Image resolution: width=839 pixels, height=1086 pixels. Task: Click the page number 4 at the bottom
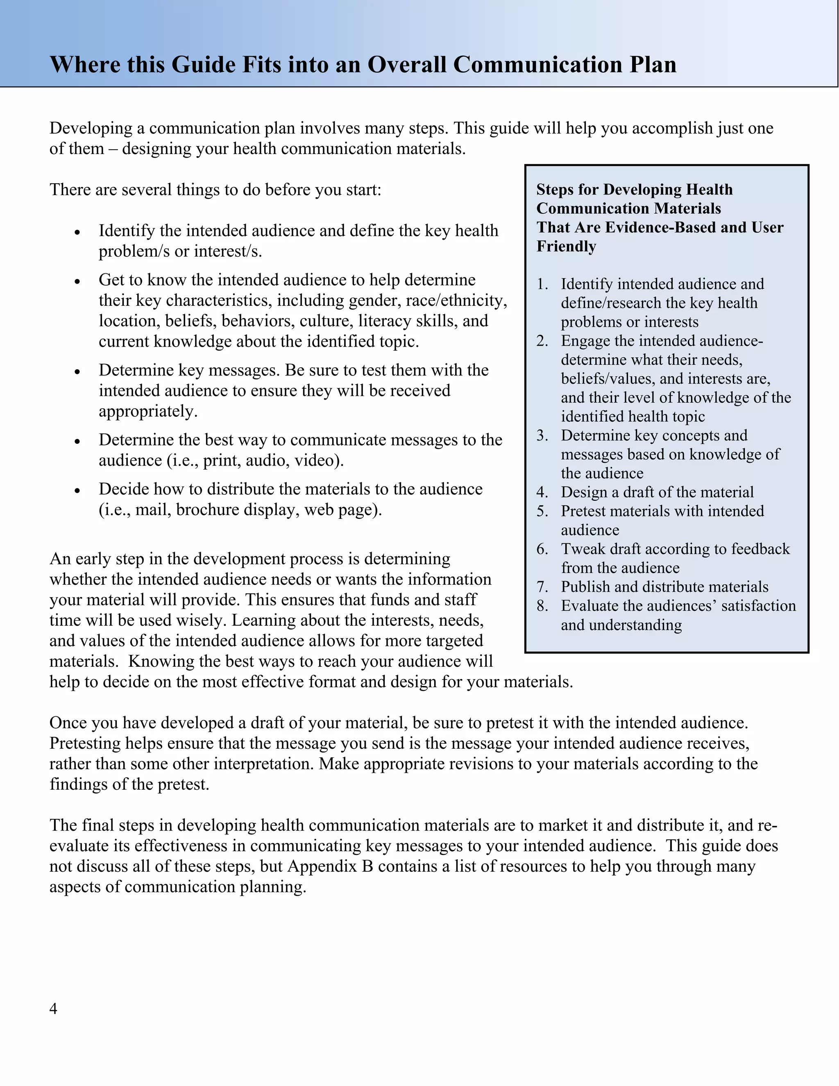click(x=53, y=1009)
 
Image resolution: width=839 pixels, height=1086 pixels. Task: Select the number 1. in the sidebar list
click(x=542, y=284)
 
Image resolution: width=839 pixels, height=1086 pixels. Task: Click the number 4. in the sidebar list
click(x=542, y=492)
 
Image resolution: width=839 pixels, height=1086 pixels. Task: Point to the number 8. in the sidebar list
click(x=542, y=606)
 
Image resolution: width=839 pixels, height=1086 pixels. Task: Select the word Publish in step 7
click(x=585, y=587)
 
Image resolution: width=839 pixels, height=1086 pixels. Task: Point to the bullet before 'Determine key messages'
click(x=77, y=371)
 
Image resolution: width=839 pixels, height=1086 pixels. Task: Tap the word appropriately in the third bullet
click(x=147, y=411)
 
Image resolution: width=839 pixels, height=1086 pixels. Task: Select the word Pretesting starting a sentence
click(x=85, y=743)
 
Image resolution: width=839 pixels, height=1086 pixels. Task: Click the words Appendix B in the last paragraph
click(x=330, y=866)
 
